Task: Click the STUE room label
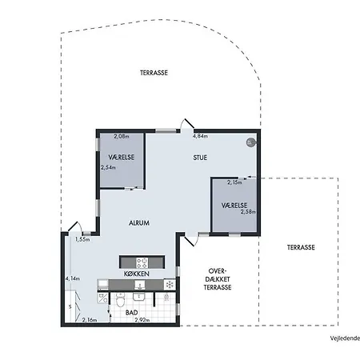[200, 158]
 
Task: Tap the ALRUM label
[139, 223]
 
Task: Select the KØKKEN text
[136, 274]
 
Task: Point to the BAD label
[132, 313]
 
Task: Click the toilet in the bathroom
[120, 300]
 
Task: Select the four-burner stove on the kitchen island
[142, 262]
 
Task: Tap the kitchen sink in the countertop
[140, 285]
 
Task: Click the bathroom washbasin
[138, 297]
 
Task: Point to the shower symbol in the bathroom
[166, 297]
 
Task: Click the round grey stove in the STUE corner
[250, 142]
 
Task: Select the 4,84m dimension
[200, 136]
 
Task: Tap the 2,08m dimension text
[122, 136]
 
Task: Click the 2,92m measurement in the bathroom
[142, 320]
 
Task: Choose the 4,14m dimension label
[73, 278]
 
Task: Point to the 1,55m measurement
[82, 239]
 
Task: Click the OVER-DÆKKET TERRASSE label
[218, 279]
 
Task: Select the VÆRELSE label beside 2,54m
[121, 158]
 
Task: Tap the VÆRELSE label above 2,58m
[234, 206]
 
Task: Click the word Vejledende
[345, 338]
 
